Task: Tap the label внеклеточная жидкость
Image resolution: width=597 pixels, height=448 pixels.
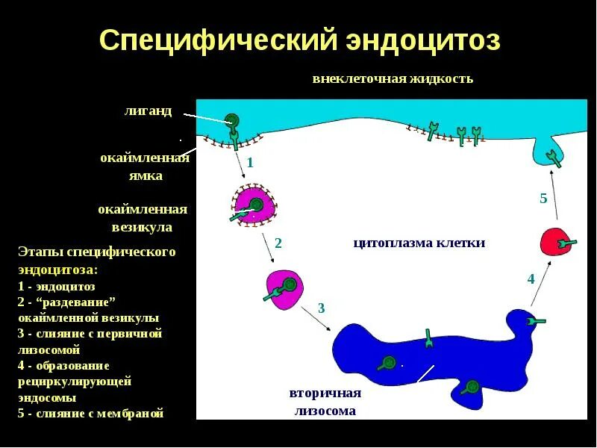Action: click(x=393, y=78)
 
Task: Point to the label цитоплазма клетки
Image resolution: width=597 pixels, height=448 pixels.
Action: click(x=419, y=243)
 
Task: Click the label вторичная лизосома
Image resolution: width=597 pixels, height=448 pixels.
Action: click(x=325, y=402)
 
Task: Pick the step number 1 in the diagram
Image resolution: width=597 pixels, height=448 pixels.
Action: click(x=251, y=162)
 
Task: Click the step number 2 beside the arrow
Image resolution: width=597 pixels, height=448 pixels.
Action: click(x=278, y=243)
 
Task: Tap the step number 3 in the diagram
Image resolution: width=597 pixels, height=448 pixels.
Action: click(x=321, y=308)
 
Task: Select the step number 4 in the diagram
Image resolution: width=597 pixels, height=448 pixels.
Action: click(x=531, y=279)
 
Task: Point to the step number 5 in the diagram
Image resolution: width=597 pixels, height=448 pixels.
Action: click(x=543, y=198)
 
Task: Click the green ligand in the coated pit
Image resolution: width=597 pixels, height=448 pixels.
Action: click(x=233, y=119)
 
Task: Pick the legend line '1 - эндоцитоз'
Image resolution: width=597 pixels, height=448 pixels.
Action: click(x=57, y=286)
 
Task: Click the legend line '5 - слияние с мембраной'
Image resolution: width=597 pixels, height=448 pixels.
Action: click(x=90, y=413)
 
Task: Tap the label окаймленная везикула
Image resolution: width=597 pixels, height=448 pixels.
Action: click(x=143, y=218)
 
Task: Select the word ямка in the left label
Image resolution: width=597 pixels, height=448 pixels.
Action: click(x=144, y=176)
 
